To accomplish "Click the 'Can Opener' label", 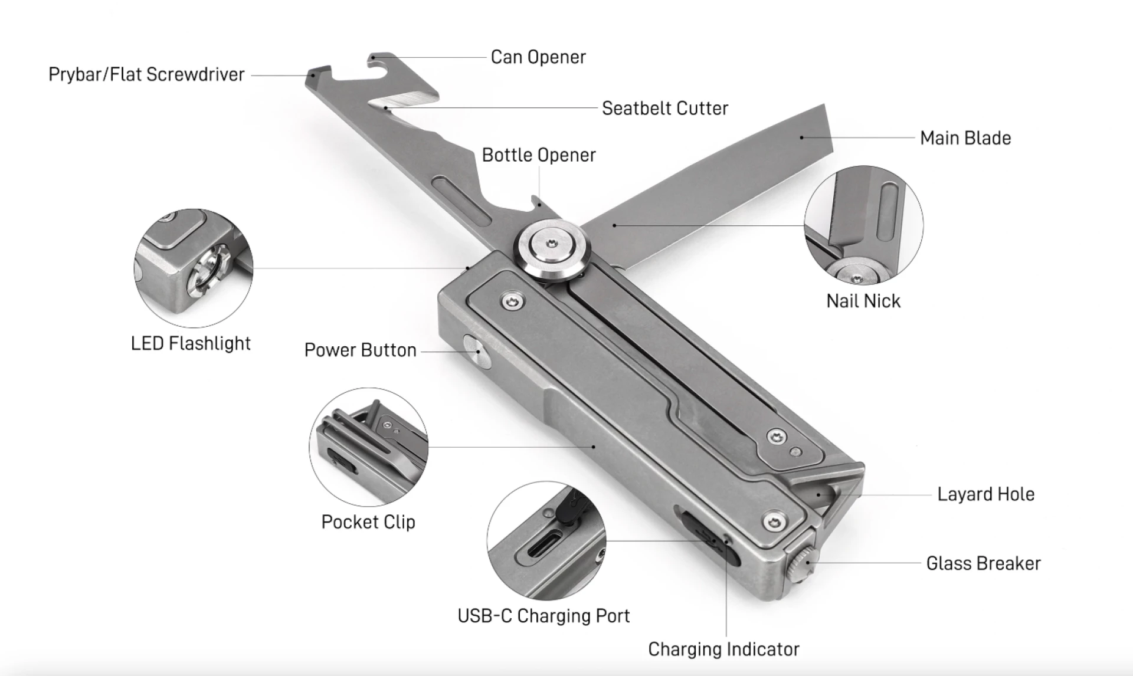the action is pos(538,57).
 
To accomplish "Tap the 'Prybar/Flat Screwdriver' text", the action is pos(146,74).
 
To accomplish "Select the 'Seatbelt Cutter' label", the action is pos(665,109).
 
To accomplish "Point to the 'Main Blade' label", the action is pos(965,138).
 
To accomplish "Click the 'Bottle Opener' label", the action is pos(539,155).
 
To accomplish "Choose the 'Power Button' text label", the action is pos(361,350).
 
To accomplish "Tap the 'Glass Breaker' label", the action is pos(983,563).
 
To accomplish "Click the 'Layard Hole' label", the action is pos(986,494).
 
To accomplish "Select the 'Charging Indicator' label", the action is pos(723,649).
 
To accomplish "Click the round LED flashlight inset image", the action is pos(194,268).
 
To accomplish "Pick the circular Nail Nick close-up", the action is pos(864,225).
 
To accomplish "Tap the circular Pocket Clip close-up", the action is pos(369,447).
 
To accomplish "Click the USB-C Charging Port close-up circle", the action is pos(546,540).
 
